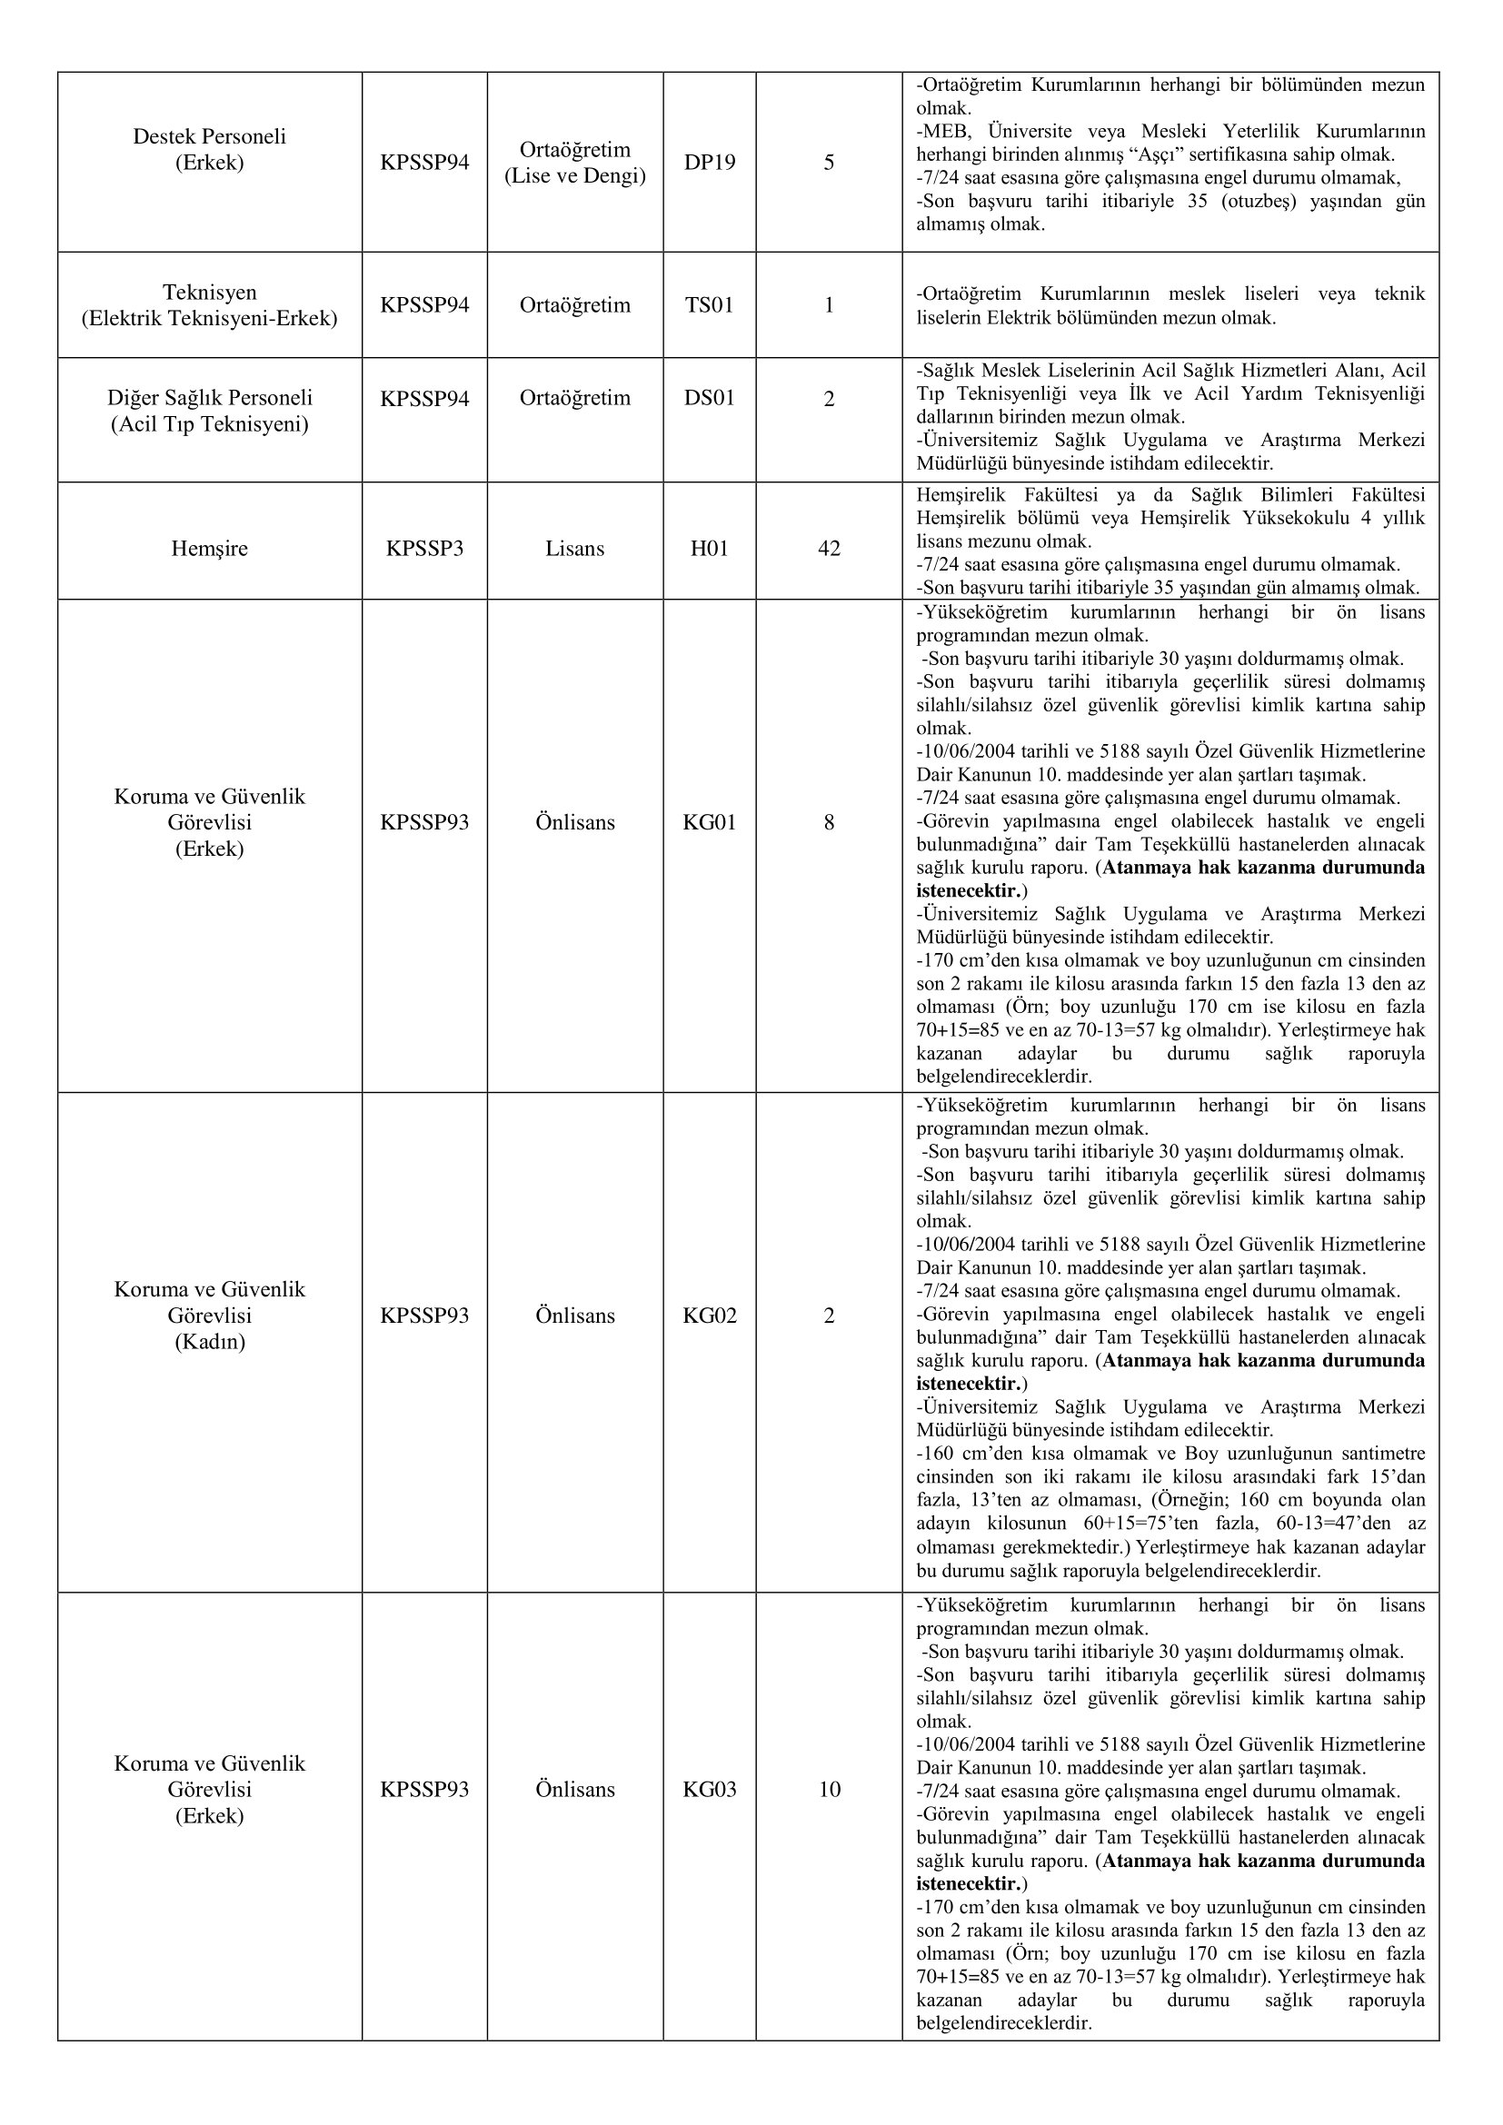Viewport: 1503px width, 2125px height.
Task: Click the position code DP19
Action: pos(709,163)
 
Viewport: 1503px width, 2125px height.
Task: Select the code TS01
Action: pos(709,305)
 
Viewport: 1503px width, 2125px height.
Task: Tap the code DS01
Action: pos(709,399)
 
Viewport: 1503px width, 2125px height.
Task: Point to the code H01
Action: pos(709,549)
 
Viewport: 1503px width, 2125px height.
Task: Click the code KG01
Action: pos(709,823)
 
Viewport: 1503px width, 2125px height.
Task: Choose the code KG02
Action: pos(709,1316)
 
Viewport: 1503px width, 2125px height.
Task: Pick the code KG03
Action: pos(709,1790)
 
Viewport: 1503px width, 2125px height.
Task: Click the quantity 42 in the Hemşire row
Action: pos(829,549)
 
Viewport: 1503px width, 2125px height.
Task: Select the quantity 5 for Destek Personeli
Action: pos(829,163)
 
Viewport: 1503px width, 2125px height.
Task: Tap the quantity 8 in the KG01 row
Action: pos(829,823)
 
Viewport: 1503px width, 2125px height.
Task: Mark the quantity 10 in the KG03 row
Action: pos(829,1790)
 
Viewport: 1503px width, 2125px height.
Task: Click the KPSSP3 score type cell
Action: pos(423,549)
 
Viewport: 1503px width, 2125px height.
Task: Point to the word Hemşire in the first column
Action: pos(209,549)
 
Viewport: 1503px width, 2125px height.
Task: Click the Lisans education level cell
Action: pos(573,549)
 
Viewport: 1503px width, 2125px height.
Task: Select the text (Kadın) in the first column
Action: pos(209,1342)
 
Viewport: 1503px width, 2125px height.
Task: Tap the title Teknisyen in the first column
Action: pos(209,293)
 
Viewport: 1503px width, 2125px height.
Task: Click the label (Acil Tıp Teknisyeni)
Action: pos(209,425)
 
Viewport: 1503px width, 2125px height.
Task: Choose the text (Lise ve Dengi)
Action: pos(573,176)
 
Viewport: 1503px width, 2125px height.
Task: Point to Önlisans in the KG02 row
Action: pos(573,1316)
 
